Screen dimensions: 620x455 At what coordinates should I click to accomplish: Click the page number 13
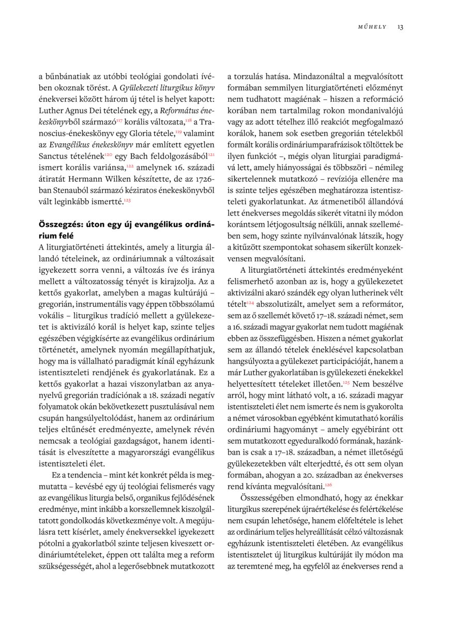click(x=400, y=27)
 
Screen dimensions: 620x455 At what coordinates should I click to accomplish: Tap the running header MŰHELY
click(x=372, y=27)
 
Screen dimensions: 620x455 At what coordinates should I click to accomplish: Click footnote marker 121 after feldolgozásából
click(x=211, y=154)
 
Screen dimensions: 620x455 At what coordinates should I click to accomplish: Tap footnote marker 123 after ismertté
click(x=127, y=199)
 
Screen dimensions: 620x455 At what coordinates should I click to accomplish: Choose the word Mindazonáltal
click(x=288, y=75)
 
